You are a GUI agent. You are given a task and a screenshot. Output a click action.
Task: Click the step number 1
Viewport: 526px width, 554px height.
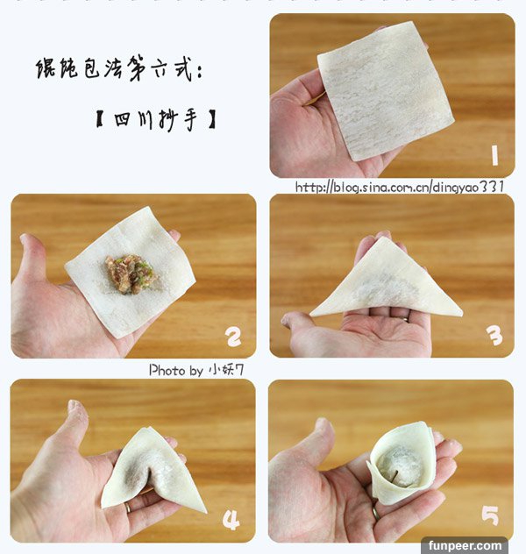tap(494, 155)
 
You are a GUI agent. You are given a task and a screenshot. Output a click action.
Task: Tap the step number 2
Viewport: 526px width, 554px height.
tap(234, 337)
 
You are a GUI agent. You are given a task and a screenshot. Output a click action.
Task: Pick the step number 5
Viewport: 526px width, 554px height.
tap(490, 515)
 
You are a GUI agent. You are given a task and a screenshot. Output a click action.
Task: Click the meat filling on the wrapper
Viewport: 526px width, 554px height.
tap(130, 274)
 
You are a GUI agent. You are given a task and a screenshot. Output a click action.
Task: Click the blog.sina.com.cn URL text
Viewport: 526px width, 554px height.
tap(400, 187)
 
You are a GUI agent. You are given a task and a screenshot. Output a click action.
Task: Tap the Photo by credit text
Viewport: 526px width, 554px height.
tap(196, 370)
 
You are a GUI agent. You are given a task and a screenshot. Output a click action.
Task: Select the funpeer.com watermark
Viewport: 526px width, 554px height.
tap(465, 546)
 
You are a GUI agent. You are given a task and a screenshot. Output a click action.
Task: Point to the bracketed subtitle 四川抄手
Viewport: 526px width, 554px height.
tap(156, 119)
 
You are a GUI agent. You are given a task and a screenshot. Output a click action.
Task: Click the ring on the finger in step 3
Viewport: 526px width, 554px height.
tap(405, 319)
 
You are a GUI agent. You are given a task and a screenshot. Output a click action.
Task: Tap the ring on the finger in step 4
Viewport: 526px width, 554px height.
tap(127, 508)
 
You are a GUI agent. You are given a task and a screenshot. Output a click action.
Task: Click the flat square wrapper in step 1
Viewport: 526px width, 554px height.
tap(385, 91)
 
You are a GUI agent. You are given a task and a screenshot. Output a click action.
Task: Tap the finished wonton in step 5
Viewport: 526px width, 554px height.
tap(400, 461)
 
